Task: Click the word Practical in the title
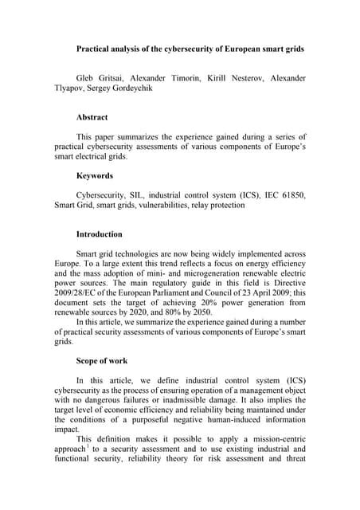coord(96,49)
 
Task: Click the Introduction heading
coord(100,235)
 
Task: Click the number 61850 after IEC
coord(291,194)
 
